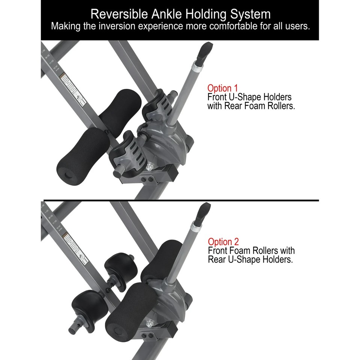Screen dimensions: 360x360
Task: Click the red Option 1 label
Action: [220, 88]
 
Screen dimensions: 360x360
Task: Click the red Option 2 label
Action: [223, 241]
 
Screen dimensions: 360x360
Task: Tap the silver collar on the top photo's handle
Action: [196, 70]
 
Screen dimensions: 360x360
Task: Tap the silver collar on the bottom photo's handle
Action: [195, 228]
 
